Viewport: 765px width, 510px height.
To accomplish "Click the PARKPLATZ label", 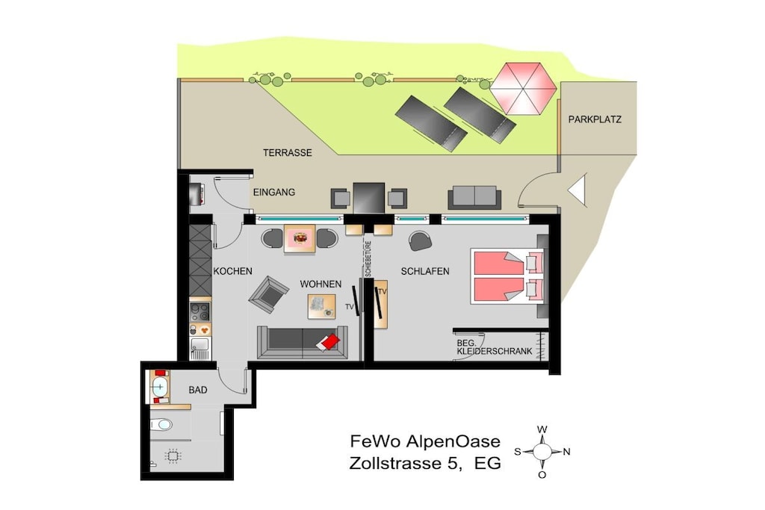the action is tap(595, 119).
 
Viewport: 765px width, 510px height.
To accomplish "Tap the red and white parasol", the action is tap(523, 89).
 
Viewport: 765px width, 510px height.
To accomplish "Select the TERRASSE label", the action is tap(288, 153).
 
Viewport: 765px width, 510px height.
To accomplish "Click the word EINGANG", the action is tap(273, 193).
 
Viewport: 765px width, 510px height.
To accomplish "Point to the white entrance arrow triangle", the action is tap(577, 190).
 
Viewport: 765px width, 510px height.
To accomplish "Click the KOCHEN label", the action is tap(233, 272).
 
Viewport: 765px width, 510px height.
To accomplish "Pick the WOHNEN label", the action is tap(320, 284).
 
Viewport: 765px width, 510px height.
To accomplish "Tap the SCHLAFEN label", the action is tap(425, 272).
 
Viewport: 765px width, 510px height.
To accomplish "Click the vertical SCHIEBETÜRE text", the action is tap(368, 259).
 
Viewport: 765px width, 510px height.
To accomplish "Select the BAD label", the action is tap(197, 390).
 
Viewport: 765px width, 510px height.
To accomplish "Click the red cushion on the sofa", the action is tap(329, 341).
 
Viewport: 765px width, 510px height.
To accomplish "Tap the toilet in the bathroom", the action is tap(161, 425).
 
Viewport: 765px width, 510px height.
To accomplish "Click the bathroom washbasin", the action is tap(159, 388).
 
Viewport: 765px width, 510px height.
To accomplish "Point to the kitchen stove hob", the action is tap(200, 311).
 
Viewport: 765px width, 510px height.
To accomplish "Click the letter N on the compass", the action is tap(566, 452).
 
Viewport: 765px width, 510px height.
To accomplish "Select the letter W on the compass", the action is tap(542, 429).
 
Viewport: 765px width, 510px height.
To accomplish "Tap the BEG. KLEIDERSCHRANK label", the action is tap(495, 347).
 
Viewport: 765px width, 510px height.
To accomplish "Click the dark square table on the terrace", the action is tap(369, 198).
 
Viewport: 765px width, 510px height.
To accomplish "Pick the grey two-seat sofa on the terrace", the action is tap(474, 197).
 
